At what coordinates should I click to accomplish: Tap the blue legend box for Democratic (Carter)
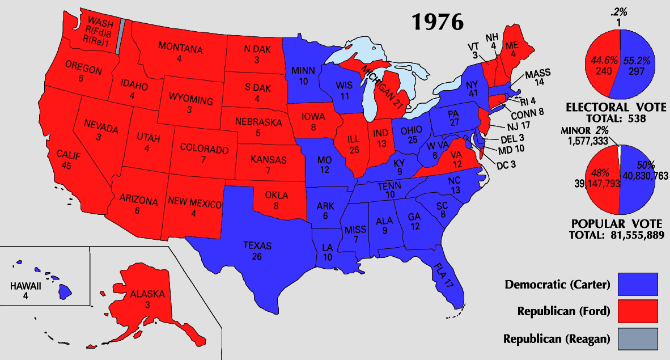click(638, 284)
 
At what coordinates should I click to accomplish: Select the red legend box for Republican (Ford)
click(638, 311)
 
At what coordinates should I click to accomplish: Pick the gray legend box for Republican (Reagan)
click(638, 338)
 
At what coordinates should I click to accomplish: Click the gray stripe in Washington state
click(120, 37)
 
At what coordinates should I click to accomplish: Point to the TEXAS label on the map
click(257, 246)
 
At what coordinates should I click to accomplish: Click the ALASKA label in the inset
click(147, 294)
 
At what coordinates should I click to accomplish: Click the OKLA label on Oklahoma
click(277, 196)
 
